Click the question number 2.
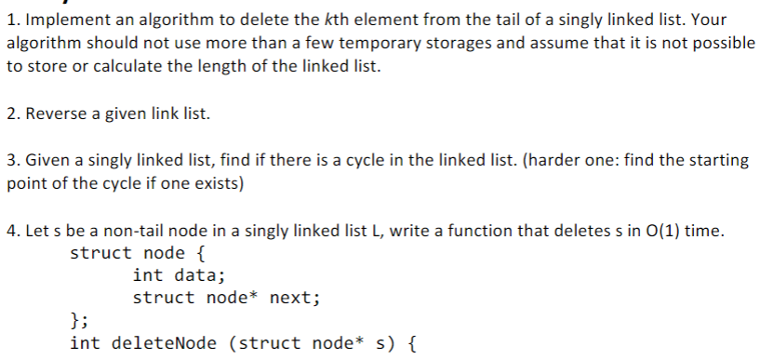coord(9,114)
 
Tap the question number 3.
coord(9,161)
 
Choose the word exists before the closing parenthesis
coord(218,183)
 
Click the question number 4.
coord(9,231)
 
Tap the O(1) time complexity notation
coord(664,231)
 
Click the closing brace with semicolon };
coord(80,321)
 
